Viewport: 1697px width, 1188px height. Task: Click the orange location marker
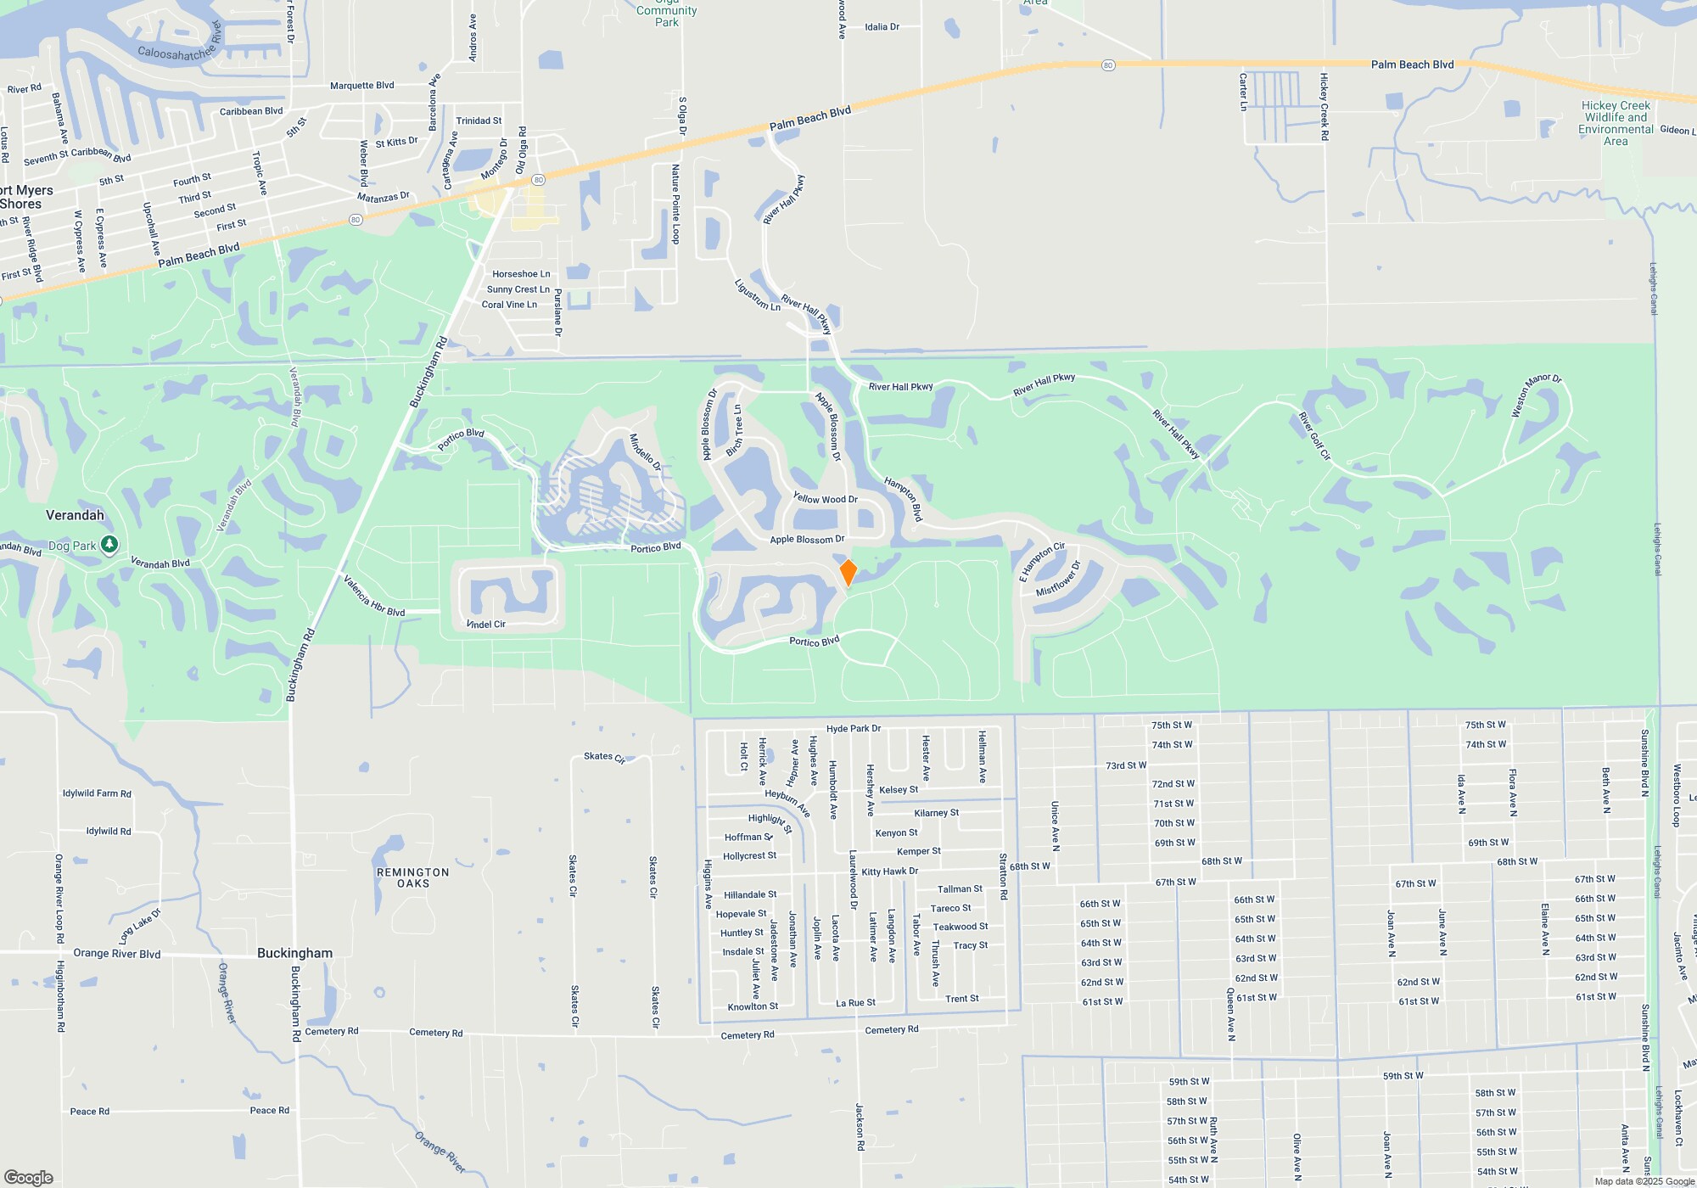pos(848,572)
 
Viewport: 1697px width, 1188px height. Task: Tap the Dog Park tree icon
pos(109,545)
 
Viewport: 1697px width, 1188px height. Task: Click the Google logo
pos(29,1177)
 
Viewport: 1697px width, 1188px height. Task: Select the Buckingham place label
pos(294,953)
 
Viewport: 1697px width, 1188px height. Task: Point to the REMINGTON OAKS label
pos(413,877)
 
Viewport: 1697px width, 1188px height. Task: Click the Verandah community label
pos(75,515)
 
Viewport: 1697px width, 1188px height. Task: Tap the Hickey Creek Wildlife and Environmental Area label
pos(1616,124)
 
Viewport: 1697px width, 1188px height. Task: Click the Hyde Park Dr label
pos(854,728)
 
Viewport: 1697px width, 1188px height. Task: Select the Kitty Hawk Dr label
pos(889,871)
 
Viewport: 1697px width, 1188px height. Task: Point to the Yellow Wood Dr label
pos(825,499)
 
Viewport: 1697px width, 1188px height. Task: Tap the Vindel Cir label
pos(486,625)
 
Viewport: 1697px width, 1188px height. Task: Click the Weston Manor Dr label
pos(1536,395)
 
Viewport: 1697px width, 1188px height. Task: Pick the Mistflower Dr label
pos(1058,579)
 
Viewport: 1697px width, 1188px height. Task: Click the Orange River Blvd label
pos(117,954)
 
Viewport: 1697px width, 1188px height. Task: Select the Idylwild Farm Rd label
pos(97,793)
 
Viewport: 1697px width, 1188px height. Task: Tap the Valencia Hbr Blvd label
pos(373,597)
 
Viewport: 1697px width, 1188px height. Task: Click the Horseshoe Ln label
pos(521,274)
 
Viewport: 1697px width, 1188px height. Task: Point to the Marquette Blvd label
pos(361,86)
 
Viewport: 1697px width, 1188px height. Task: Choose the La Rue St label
pos(855,1003)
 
